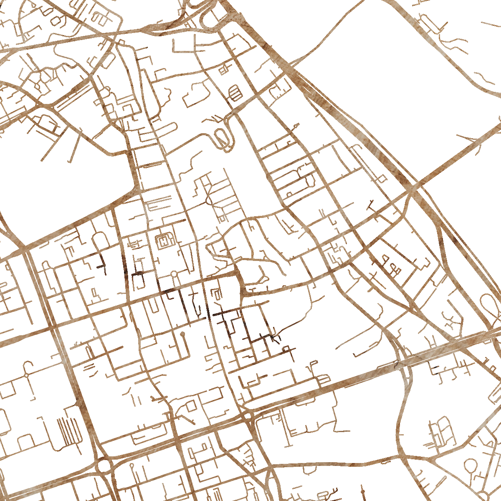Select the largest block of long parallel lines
click(69, 430)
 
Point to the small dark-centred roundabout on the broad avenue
click(248, 415)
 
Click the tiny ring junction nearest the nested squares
click(174, 274)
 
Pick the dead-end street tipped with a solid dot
click(183, 334)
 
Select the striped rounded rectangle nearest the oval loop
click(235, 92)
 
